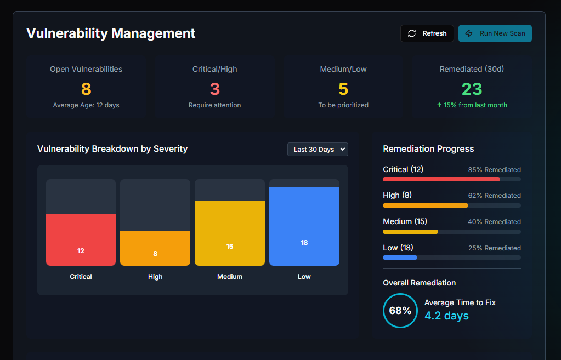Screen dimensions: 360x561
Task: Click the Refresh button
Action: click(427, 33)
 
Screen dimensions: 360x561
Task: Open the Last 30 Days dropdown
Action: click(318, 150)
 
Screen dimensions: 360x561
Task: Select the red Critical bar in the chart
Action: click(81, 239)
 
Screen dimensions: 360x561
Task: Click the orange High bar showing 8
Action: click(155, 248)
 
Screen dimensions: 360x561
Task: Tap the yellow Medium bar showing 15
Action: click(230, 233)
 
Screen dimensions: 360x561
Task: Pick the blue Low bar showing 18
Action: click(304, 226)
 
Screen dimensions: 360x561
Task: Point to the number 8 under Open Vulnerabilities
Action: click(86, 89)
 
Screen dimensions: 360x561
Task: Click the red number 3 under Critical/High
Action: click(215, 89)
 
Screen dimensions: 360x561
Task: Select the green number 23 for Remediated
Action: click(472, 89)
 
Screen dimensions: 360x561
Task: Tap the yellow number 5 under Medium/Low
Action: click(343, 89)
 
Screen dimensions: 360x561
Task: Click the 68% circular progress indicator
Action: click(400, 311)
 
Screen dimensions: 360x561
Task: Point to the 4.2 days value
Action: click(446, 316)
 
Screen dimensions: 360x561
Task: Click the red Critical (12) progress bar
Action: click(441, 179)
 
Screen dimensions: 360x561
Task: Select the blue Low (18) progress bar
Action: click(400, 258)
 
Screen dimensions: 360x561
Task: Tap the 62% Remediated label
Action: click(494, 196)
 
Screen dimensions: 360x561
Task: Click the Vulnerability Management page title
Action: click(111, 33)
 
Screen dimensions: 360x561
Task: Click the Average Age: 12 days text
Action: click(86, 105)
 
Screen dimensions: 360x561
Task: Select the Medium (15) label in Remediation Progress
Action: click(405, 221)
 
